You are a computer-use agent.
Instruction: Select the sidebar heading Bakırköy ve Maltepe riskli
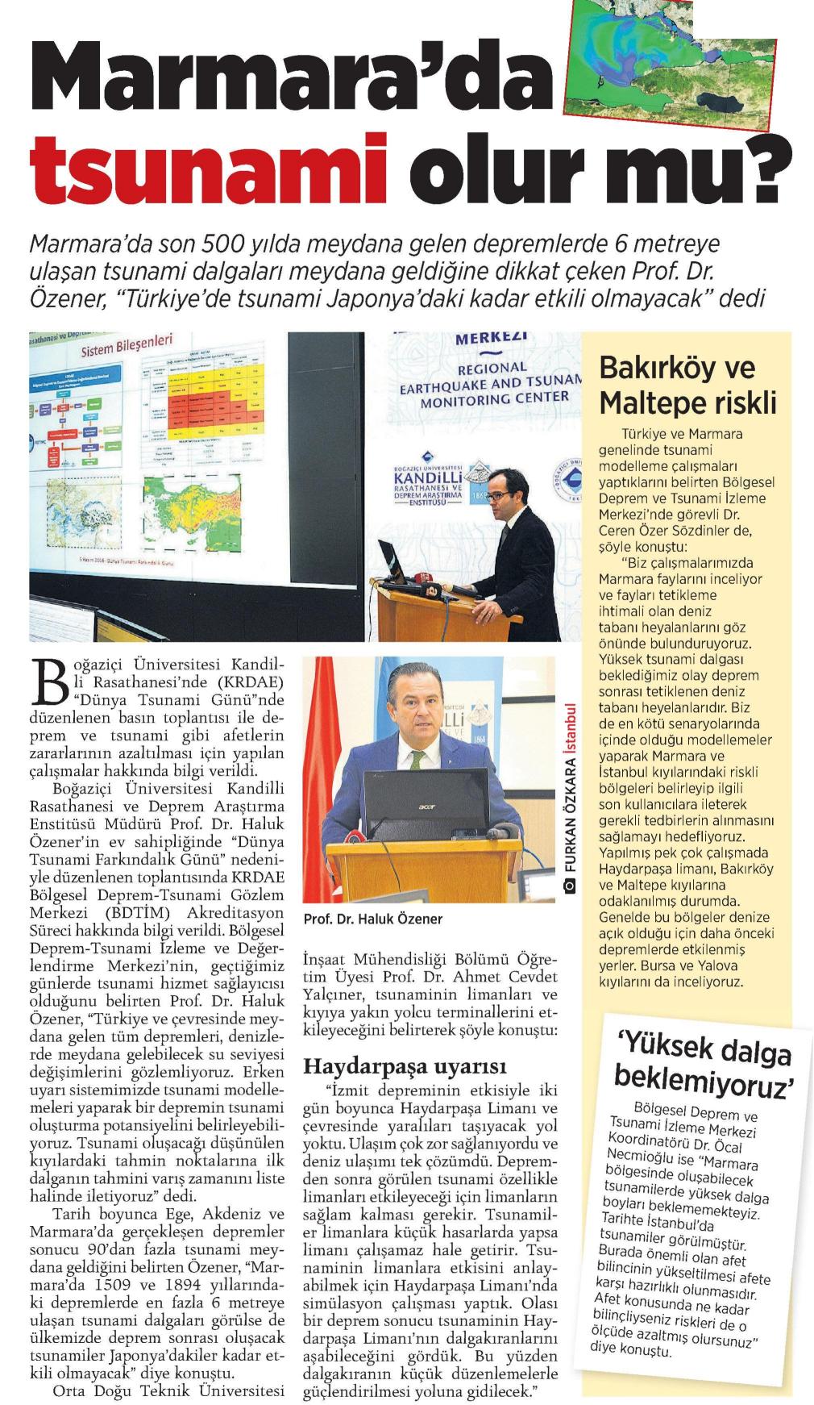click(x=687, y=384)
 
